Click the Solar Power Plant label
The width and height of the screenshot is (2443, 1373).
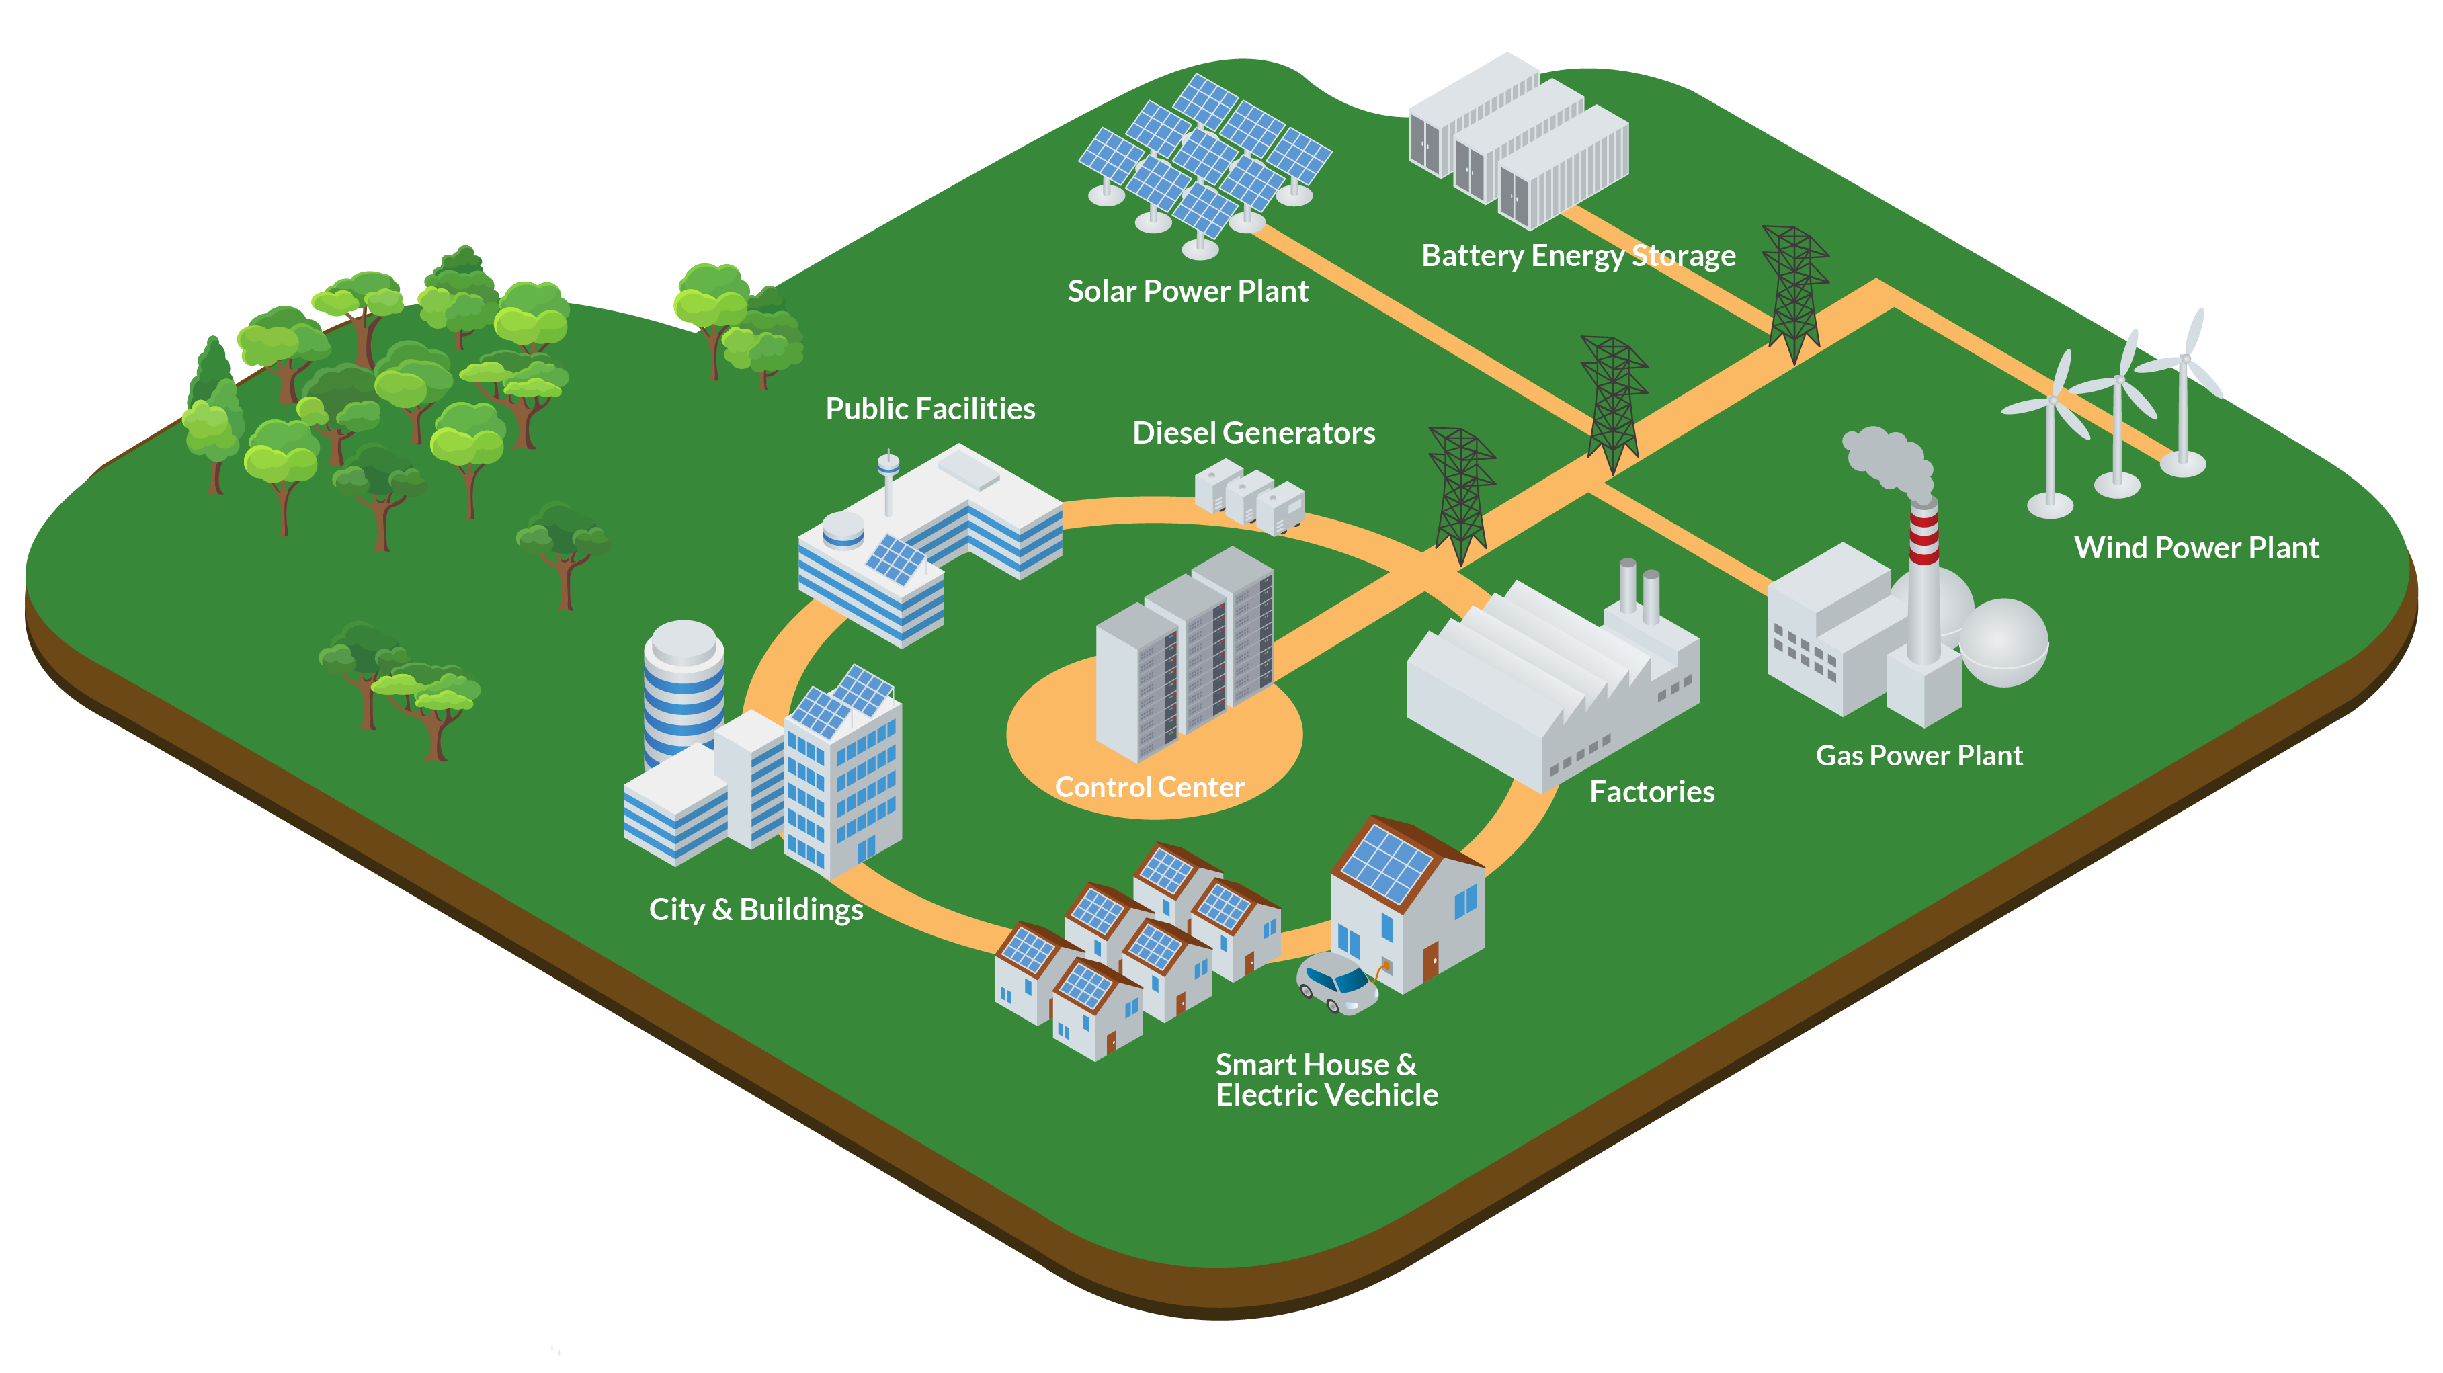tap(1188, 291)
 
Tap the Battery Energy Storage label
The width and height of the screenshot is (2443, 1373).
tap(1578, 256)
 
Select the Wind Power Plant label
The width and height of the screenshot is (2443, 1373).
tap(2196, 548)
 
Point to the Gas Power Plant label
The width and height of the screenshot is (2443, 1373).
tap(1919, 755)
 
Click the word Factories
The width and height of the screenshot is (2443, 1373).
tap(1651, 792)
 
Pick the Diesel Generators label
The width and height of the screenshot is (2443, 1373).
tap(1253, 433)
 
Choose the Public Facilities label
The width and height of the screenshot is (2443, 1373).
tap(929, 409)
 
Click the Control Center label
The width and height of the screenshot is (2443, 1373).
tap(1149, 787)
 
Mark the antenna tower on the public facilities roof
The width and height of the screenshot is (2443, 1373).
tap(888, 482)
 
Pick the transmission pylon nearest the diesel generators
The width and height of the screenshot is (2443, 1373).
tap(1460, 493)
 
